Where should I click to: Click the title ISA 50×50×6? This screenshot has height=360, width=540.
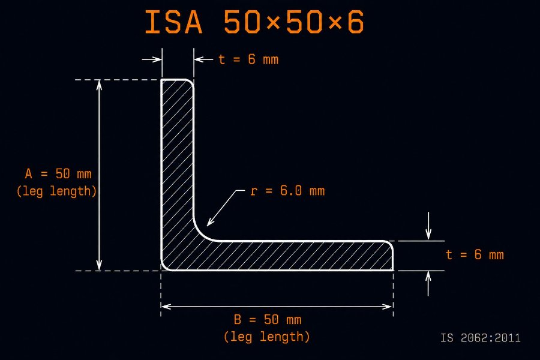point(254,22)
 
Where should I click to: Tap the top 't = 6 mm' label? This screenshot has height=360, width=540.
point(248,59)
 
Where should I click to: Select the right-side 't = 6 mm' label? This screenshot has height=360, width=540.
point(475,254)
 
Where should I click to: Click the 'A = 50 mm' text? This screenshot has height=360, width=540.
point(58,173)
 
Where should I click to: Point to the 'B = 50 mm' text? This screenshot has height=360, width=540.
point(268,319)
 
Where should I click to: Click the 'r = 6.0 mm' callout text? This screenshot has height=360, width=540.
point(287,191)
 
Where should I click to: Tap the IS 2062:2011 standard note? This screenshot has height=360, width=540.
point(481,338)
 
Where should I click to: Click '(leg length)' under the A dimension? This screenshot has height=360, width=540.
point(56,191)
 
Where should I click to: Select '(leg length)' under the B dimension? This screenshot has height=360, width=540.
point(267,337)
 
